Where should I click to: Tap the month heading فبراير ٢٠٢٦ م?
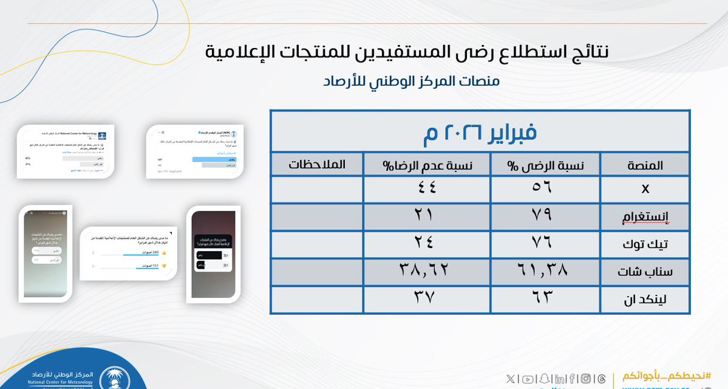click(480, 132)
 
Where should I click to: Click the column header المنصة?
click(644, 165)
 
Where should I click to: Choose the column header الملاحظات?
click(316, 165)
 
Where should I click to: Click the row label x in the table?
click(645, 189)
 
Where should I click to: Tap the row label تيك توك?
click(644, 244)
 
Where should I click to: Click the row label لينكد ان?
click(644, 300)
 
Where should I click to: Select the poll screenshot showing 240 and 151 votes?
click(128, 253)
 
